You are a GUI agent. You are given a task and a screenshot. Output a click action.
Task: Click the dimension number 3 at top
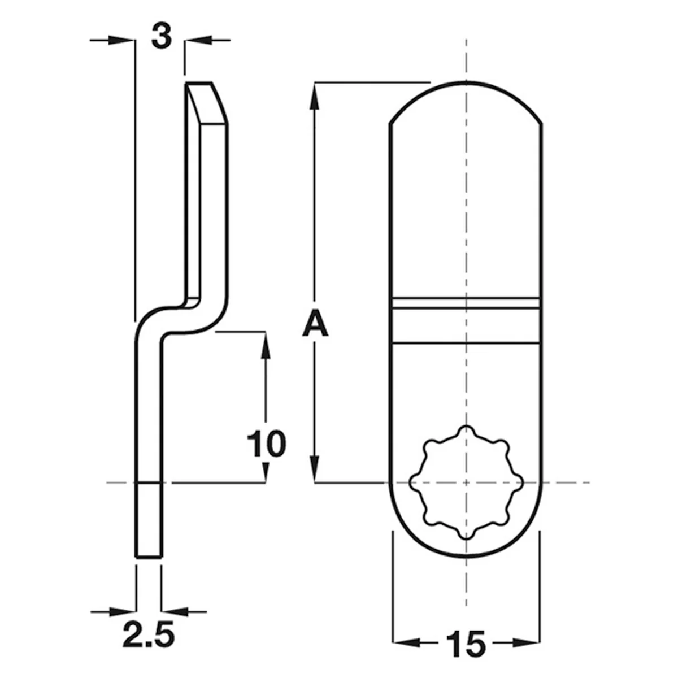coord(162,37)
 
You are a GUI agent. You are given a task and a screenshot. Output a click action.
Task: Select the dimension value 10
coord(266,444)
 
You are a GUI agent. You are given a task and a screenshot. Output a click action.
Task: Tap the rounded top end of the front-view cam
coord(466,100)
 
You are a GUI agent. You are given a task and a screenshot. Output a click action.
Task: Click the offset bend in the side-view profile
coord(182,316)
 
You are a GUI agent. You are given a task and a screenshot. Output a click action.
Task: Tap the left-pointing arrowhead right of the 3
coord(199,40)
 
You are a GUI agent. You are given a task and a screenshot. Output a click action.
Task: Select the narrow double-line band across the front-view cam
coord(466,303)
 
